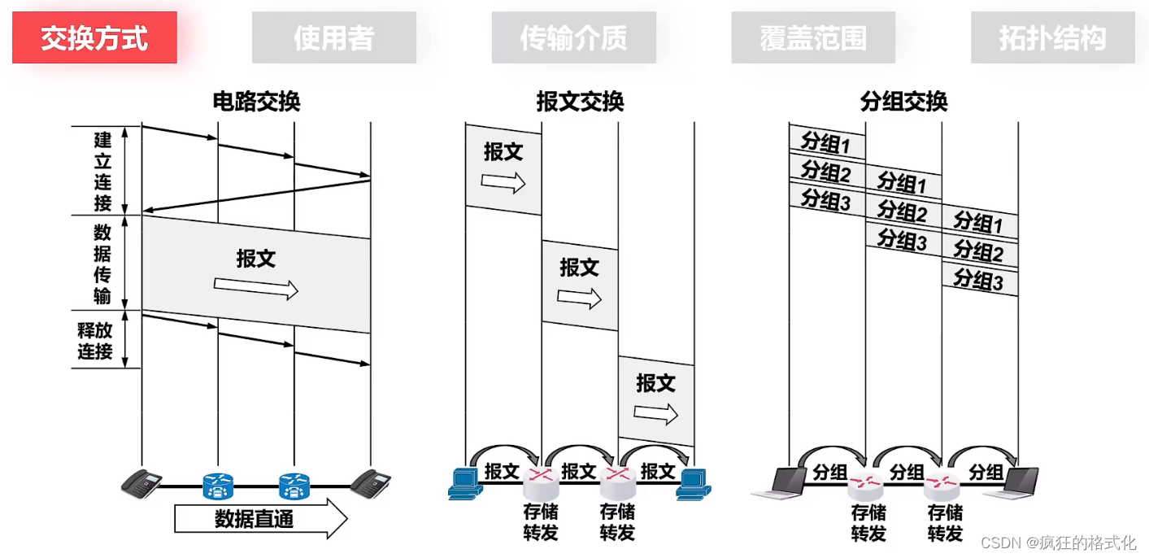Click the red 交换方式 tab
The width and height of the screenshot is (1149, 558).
(x=94, y=37)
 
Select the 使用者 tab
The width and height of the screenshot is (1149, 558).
(x=333, y=37)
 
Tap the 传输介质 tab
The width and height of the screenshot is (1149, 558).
(x=573, y=37)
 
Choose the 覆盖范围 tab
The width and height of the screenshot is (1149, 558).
(x=813, y=37)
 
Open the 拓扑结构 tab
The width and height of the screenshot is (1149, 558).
(x=1052, y=37)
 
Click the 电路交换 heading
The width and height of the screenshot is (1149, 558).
(x=256, y=102)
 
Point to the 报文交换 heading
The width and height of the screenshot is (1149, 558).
(x=580, y=102)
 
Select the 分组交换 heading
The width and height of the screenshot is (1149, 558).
(x=903, y=102)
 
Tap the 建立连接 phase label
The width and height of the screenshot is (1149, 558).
(x=102, y=170)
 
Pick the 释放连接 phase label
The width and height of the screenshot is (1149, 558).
(x=95, y=341)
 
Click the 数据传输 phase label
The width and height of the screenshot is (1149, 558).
(x=102, y=263)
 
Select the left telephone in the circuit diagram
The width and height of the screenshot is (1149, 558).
(x=142, y=483)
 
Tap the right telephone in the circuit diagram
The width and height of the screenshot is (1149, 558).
(x=371, y=483)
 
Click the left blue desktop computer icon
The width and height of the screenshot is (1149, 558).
(x=465, y=483)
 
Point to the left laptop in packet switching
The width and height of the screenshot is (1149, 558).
(x=775, y=483)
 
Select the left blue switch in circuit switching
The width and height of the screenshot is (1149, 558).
(x=218, y=486)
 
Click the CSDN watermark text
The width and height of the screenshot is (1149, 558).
(x=1058, y=543)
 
